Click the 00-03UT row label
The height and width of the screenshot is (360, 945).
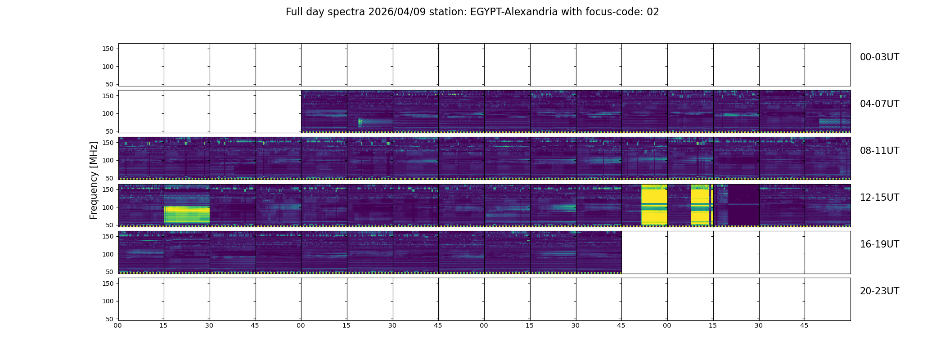(879, 57)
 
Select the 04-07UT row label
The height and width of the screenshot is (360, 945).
(879, 104)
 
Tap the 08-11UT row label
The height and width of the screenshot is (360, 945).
(879, 151)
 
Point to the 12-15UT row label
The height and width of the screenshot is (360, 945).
(879, 198)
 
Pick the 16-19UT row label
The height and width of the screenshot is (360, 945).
(879, 244)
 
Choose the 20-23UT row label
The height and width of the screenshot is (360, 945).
(879, 291)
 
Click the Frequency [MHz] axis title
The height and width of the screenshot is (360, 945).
(94, 180)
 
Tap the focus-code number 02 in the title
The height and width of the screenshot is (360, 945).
(652, 12)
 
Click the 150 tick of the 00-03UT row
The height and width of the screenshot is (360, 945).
(108, 49)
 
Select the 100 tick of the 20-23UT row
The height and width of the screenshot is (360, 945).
(108, 301)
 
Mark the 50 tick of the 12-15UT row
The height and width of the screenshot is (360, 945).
(110, 225)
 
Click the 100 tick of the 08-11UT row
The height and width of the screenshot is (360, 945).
(108, 160)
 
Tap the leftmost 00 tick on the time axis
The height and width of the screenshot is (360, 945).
(118, 325)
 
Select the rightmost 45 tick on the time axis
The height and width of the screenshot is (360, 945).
(804, 325)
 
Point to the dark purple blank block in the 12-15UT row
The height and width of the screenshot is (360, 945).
(743, 205)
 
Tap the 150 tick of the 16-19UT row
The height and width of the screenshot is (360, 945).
(108, 236)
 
